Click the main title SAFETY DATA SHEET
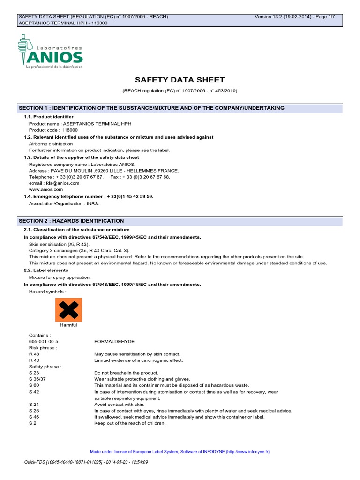(x=180, y=80)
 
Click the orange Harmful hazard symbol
(x=68, y=309)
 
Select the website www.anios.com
(x=46, y=190)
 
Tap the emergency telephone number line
(x=88, y=197)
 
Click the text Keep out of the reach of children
(x=130, y=423)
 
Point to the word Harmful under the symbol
(x=68, y=325)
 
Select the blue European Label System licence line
(x=180, y=452)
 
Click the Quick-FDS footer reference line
(x=86, y=462)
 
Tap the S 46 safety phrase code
(x=35, y=417)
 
